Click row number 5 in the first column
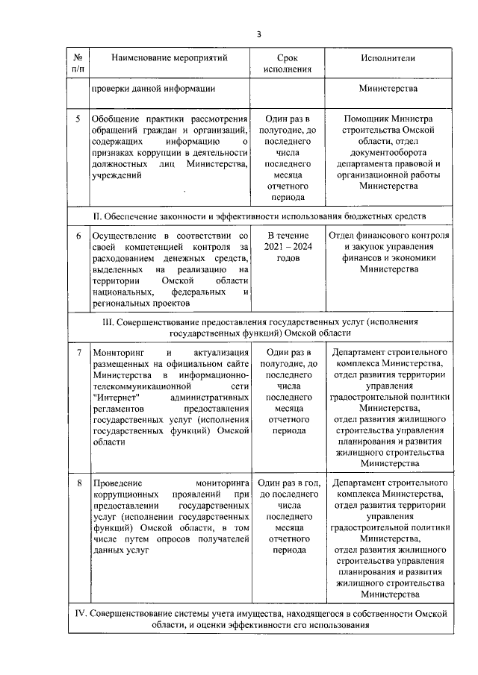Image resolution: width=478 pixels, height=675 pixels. tap(78, 119)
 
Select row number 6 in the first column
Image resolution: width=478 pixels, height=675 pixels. tap(78, 236)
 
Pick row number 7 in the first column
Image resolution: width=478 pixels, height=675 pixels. tap(78, 351)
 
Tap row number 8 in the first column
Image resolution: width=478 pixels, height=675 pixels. tap(78, 483)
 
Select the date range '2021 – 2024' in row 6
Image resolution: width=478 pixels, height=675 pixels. tap(288, 247)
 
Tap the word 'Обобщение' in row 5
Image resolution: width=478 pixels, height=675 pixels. tap(114, 119)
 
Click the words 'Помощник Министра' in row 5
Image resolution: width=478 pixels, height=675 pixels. tap(388, 119)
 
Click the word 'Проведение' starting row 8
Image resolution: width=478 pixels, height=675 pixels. tap(116, 483)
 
